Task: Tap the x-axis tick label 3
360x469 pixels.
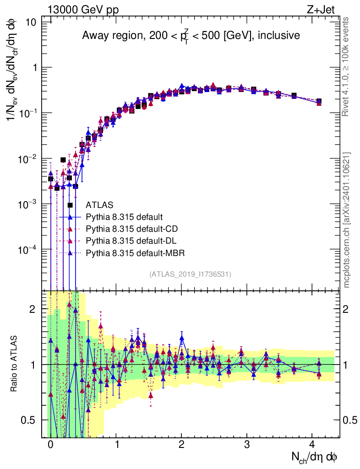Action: (247, 445)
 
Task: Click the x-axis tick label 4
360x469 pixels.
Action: (312, 445)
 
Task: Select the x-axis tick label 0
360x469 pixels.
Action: (50, 445)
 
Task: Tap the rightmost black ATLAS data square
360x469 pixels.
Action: (319, 101)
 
